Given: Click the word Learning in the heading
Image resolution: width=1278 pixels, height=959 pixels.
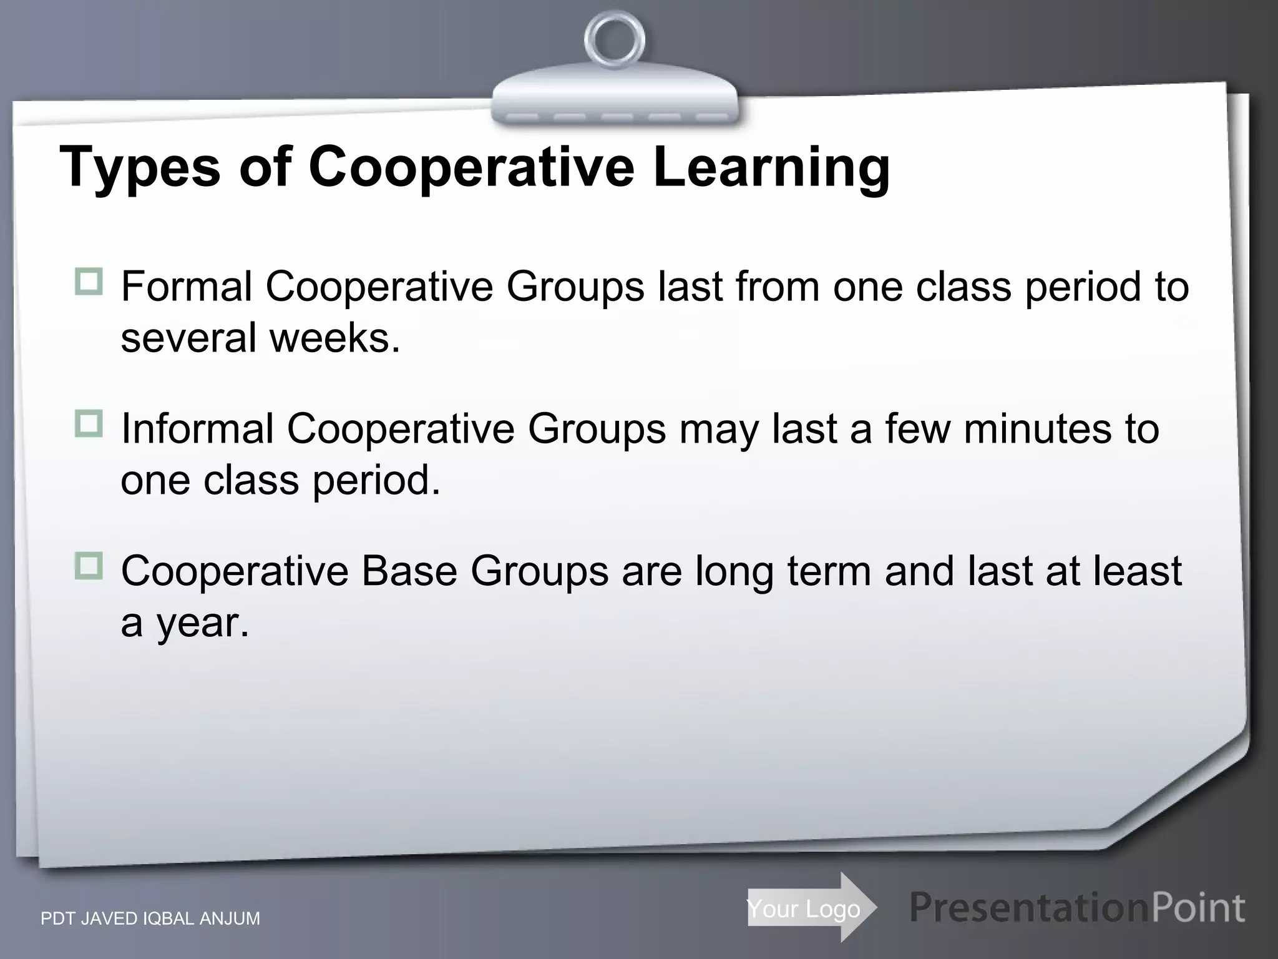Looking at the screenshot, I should click(x=771, y=167).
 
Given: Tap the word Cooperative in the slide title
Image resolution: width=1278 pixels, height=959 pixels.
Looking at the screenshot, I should click(x=471, y=167).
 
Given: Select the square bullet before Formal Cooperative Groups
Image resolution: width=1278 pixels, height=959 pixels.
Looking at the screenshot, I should click(x=89, y=282).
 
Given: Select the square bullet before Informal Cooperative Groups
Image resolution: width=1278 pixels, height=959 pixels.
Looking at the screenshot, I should click(x=89, y=425).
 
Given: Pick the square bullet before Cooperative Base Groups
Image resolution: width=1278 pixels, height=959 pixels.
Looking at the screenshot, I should click(x=89, y=567).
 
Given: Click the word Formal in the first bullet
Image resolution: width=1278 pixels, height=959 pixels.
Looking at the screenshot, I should click(x=186, y=287).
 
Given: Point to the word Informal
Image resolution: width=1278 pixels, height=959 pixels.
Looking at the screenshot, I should click(x=197, y=430).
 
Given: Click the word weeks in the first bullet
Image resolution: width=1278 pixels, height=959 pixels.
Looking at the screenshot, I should click(x=334, y=338).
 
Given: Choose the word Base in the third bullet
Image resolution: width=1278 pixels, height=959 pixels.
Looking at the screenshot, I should click(x=409, y=571).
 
